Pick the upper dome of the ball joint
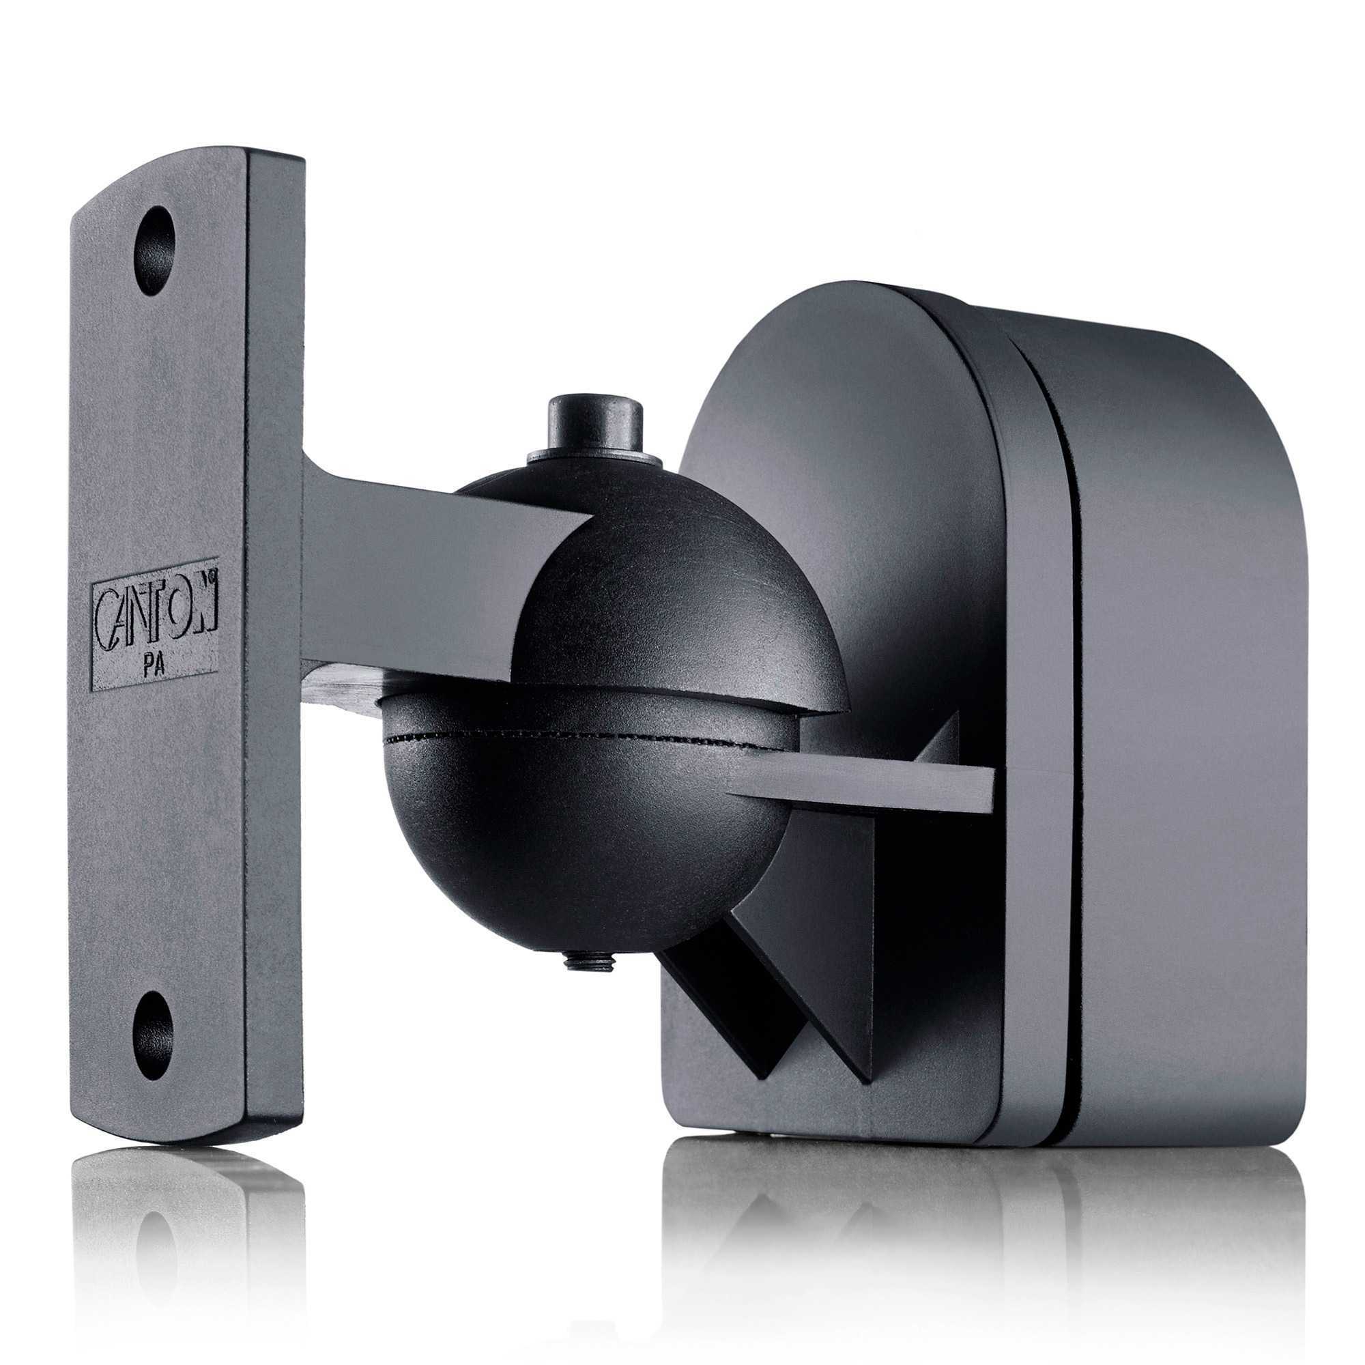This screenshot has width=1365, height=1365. point(678,594)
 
